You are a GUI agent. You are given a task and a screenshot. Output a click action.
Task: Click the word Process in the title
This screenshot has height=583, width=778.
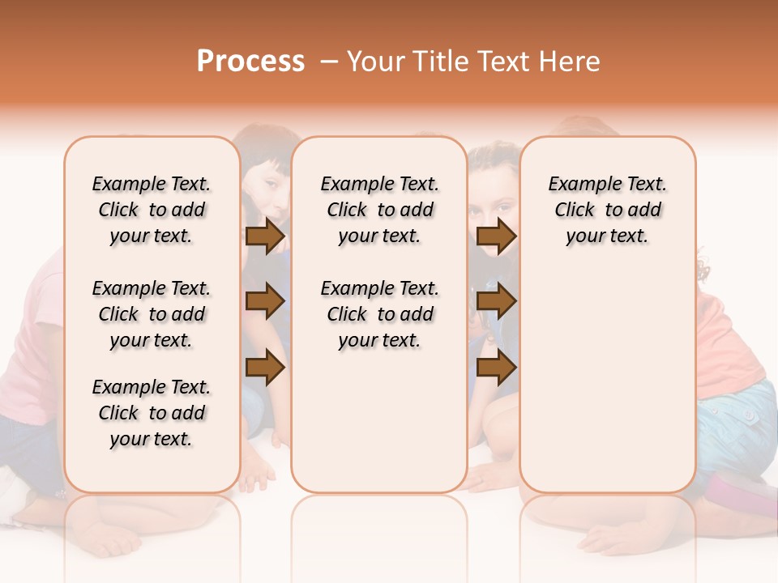[x=250, y=62]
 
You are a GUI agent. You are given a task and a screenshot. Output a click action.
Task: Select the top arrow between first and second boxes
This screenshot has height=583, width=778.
[x=265, y=236]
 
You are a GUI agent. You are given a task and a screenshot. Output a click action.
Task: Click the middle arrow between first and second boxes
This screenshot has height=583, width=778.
[x=265, y=301]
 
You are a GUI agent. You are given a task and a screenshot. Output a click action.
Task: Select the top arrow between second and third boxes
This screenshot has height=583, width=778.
[x=496, y=236]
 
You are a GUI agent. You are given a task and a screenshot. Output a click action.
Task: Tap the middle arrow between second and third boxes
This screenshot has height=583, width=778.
[x=496, y=301]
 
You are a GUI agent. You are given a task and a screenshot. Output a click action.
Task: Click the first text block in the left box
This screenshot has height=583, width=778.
[x=152, y=210]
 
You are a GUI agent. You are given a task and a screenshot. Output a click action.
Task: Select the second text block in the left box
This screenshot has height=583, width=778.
[x=152, y=314]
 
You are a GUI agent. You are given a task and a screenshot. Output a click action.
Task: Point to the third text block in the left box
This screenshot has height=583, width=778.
[x=152, y=413]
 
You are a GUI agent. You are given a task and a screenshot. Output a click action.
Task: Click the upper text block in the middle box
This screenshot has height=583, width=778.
[x=379, y=210]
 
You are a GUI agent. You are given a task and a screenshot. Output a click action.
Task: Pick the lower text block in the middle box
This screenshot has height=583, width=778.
[x=379, y=314]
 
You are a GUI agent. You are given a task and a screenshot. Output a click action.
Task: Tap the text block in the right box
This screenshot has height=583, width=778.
[x=607, y=210]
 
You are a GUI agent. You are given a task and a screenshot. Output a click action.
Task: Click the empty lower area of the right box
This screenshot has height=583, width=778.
[x=607, y=372]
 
